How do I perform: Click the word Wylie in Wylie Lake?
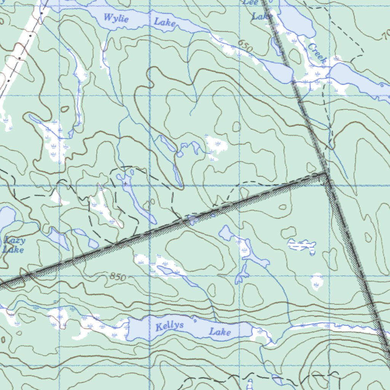(116, 18)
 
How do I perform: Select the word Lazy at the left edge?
(15, 240)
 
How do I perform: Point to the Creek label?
(317, 54)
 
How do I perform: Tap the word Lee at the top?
(251, 2)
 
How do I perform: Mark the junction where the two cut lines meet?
(326, 174)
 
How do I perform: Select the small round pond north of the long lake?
(179, 154)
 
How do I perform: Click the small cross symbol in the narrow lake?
(125, 184)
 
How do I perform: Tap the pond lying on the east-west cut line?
(192, 220)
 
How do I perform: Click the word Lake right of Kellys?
(220, 332)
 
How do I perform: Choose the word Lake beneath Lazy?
(13, 250)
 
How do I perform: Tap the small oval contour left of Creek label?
(294, 56)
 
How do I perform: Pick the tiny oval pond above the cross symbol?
(132, 172)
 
